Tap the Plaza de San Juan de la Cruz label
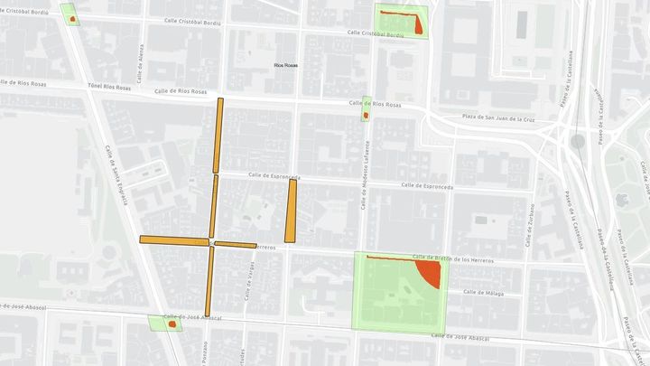pos(499,118)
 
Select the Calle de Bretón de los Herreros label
pos(454,258)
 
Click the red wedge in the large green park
pos(428,272)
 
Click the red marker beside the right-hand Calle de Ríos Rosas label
pos(366,115)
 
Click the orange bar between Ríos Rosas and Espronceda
pos(218,136)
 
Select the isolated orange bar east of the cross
pos(291,211)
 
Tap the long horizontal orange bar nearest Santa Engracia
pos(172,240)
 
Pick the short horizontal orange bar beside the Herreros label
pos(236,244)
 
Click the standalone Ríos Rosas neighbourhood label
pos(287,65)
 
